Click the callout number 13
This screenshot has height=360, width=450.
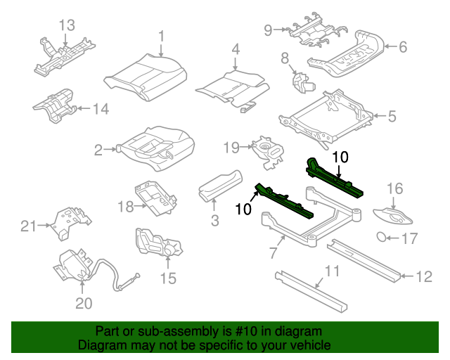65,25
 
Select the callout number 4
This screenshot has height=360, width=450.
236,49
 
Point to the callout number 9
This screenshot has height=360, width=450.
268,30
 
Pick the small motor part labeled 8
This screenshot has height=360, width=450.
304,83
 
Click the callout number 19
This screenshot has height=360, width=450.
232,147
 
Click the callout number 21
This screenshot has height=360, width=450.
28,226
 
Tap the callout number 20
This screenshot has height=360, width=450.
84,304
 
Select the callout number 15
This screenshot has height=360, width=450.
168,278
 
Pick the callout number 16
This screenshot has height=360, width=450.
394,188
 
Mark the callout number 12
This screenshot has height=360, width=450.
423,277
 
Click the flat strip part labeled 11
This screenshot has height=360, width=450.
309,289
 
